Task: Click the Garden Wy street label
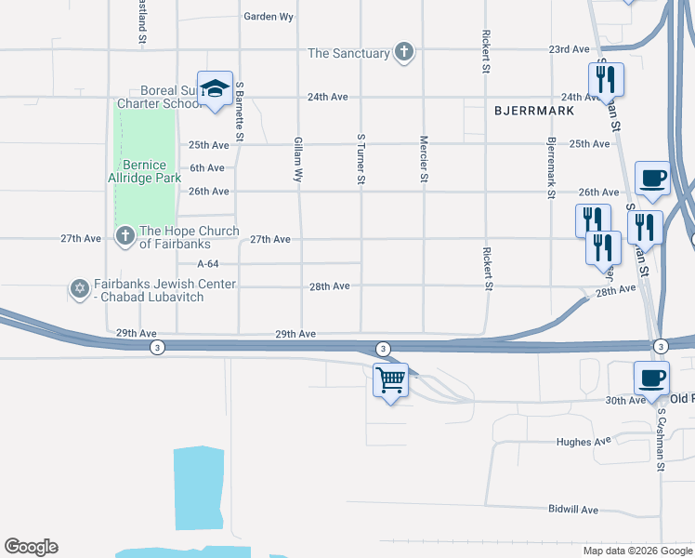point(269,17)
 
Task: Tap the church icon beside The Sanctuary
point(403,52)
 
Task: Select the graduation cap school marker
point(215,89)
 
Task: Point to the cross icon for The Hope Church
point(125,236)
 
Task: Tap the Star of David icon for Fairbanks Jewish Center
point(79,289)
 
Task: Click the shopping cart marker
point(390,379)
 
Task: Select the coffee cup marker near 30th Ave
point(651,378)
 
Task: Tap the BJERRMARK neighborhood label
point(533,111)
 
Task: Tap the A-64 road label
point(209,263)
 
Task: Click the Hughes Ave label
point(584,442)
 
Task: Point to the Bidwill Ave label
point(573,510)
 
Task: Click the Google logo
point(31,547)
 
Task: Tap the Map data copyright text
point(637,551)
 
